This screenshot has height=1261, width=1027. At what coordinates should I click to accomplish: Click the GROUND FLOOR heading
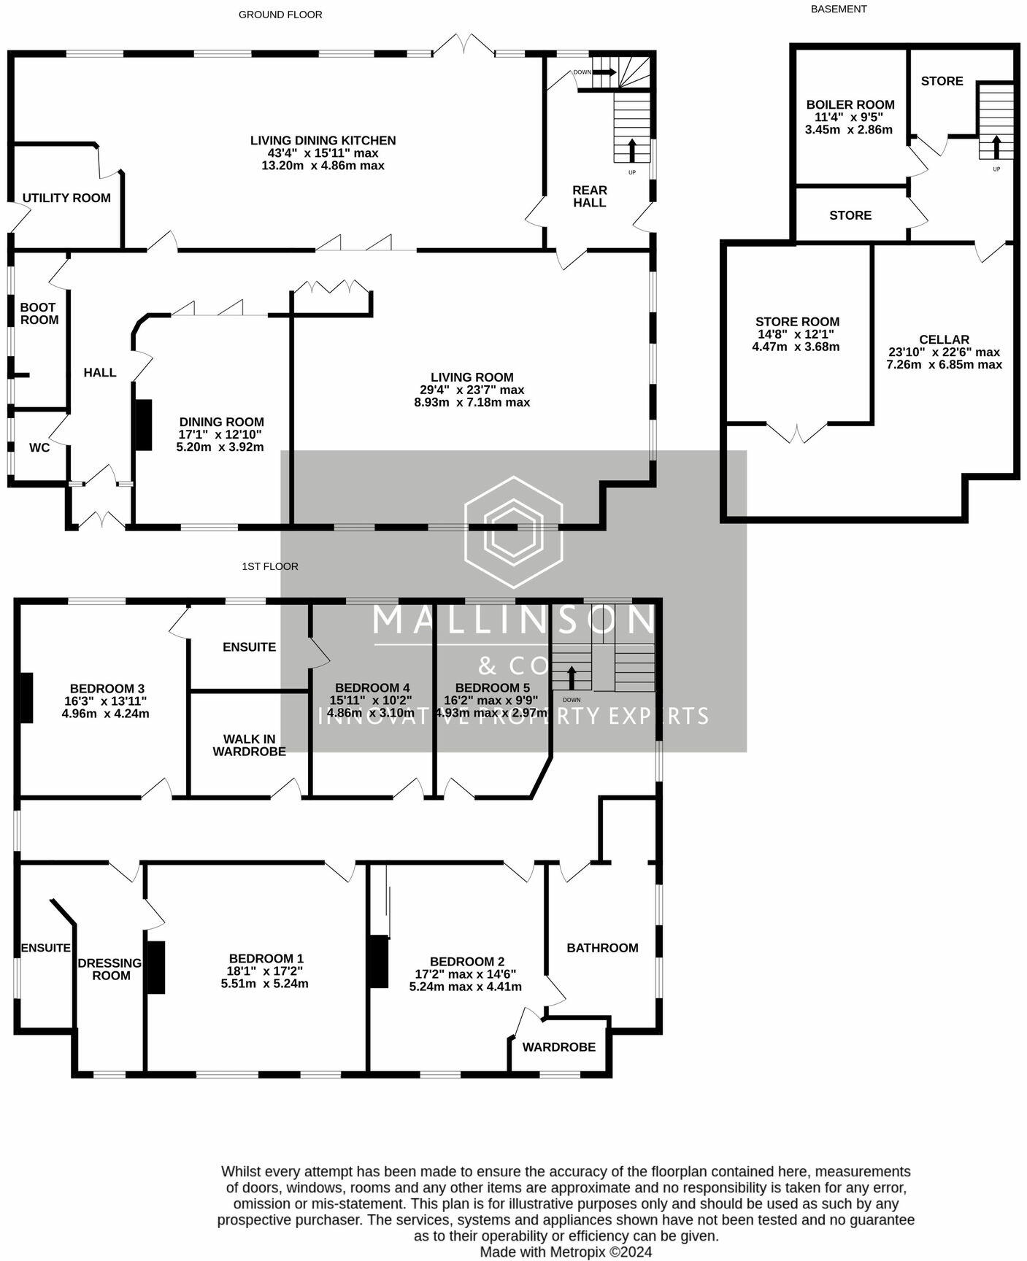tap(280, 15)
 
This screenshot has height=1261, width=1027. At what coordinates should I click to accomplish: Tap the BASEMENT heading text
tap(839, 9)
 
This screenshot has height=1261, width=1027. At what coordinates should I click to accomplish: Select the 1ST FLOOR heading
tap(270, 566)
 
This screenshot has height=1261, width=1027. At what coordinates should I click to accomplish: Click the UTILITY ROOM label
tap(66, 198)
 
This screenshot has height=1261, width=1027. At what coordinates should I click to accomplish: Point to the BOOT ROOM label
tap(39, 314)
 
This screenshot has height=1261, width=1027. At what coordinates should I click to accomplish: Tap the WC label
tap(39, 447)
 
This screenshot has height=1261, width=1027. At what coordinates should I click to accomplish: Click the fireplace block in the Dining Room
tap(144, 425)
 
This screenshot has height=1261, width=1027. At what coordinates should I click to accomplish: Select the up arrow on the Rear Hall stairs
tap(631, 150)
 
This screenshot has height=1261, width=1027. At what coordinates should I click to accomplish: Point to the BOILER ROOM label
tap(850, 104)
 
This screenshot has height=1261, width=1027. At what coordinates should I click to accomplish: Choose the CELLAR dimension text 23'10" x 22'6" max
tap(944, 352)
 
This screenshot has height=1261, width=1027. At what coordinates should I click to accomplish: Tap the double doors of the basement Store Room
tap(797, 433)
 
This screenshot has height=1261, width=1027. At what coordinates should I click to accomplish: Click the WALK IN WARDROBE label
tap(249, 745)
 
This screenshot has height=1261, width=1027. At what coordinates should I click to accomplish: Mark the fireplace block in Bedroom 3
tap(26, 698)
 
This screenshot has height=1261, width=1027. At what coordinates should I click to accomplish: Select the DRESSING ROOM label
tap(110, 969)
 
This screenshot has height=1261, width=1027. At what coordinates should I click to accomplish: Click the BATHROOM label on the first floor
tap(602, 948)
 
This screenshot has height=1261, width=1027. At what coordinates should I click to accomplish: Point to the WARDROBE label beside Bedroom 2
tap(559, 1047)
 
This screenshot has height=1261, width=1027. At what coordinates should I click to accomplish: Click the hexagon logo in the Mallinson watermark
tap(513, 532)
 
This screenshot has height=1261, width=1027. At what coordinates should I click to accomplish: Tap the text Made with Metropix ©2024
tap(566, 1252)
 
